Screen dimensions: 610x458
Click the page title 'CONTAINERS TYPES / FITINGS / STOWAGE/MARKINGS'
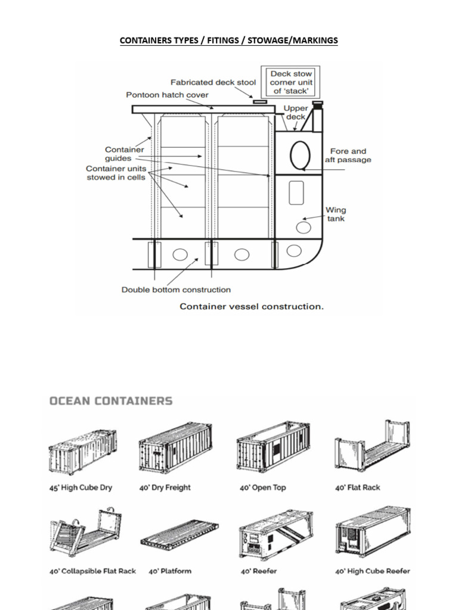228,41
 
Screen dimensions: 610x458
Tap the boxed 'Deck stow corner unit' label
292,82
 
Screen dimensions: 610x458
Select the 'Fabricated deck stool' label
213,82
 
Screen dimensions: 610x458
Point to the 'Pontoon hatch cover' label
167,95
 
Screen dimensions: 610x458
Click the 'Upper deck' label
296,113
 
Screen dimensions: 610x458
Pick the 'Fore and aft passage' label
348,155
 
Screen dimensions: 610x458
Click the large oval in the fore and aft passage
299,155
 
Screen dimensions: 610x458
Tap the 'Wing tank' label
335,214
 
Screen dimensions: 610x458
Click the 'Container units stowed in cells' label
116,173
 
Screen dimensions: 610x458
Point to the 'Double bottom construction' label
176,290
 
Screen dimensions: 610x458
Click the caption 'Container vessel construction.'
252,306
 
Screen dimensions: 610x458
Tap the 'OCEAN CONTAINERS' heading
111,401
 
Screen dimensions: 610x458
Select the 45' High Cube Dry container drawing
83,451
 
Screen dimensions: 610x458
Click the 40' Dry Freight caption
165,487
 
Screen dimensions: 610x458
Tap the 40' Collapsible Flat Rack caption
92,571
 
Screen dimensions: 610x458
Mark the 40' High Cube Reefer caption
373,571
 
